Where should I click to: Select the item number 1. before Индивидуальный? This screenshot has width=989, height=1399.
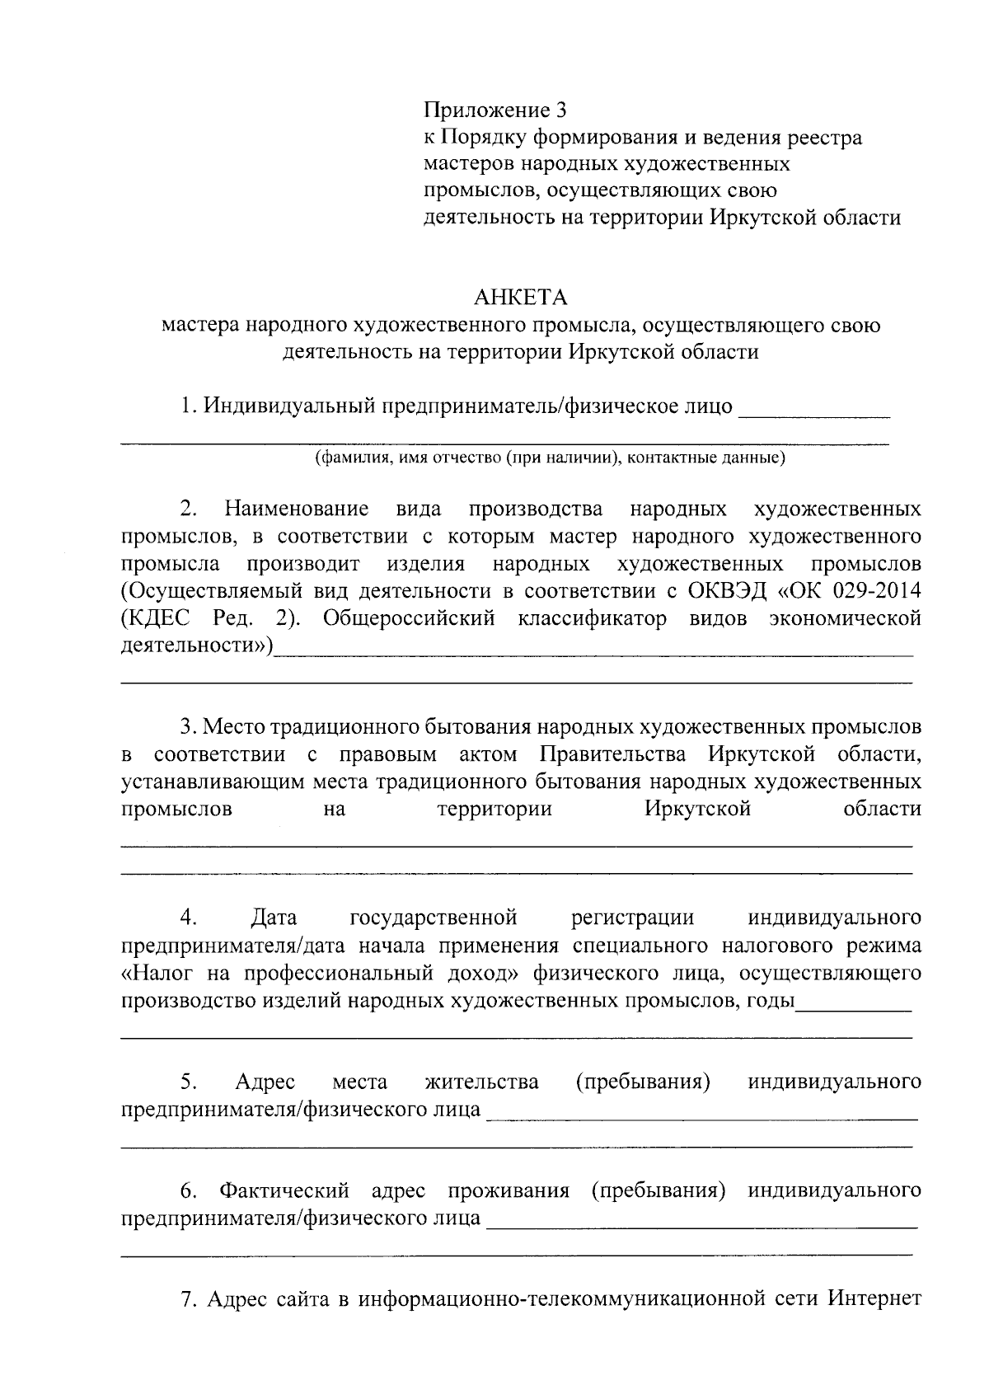point(190,406)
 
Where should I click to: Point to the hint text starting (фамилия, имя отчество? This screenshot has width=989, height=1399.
point(550,458)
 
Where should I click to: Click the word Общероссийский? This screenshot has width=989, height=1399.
point(409,619)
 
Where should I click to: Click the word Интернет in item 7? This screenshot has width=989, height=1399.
point(874,1301)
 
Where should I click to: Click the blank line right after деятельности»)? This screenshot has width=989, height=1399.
point(593,651)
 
